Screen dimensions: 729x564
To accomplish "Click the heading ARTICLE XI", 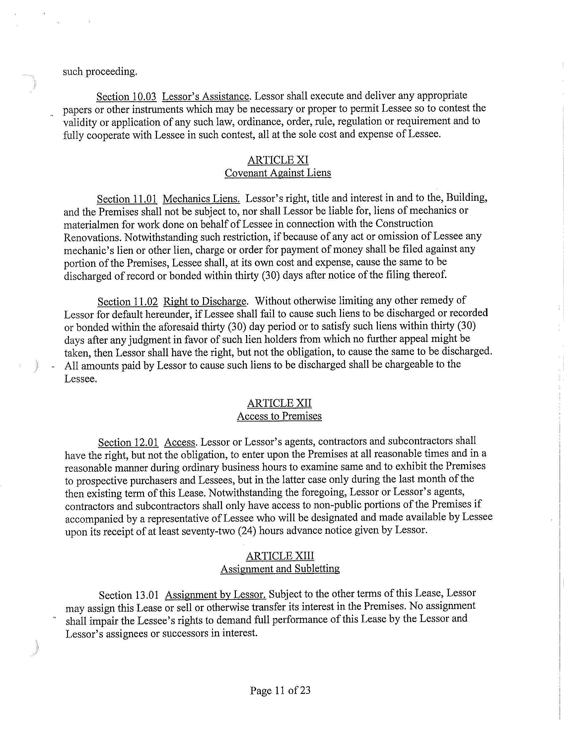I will point(278,160).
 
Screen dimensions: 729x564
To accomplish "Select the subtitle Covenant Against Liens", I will point(278,173).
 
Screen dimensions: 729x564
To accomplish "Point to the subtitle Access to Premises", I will point(279,416).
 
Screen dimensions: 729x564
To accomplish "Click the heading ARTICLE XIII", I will point(280,556).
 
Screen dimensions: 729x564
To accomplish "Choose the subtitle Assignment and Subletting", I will point(280,568).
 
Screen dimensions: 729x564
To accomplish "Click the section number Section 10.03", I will point(126,97).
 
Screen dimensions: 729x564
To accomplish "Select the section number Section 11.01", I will point(127,199).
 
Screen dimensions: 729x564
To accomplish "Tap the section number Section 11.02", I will point(127,302).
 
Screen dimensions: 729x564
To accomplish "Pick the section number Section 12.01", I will point(128,442).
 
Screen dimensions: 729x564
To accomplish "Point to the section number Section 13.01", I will point(129,595).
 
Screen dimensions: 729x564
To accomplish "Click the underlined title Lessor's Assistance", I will point(205,96).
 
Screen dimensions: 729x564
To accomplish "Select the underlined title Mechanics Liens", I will point(201,199).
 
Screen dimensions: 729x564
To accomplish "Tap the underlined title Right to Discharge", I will point(205,302).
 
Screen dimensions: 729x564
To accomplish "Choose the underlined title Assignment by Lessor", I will point(215,595).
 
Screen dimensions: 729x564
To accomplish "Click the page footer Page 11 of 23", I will point(280,690).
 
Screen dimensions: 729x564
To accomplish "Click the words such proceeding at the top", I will point(100,72).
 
